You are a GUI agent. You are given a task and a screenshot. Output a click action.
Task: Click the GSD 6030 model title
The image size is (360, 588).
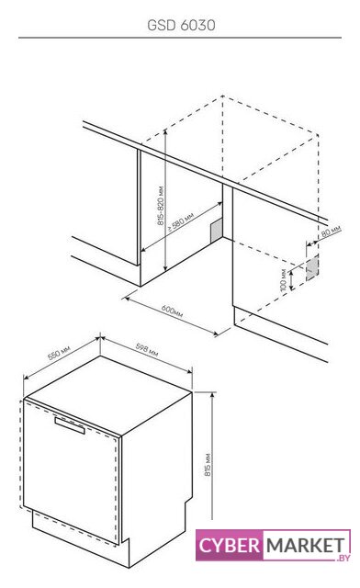point(181,25)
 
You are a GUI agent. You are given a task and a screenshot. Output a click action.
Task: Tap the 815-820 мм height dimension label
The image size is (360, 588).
point(161,206)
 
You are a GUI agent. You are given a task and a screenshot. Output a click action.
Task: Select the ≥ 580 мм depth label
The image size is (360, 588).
point(180,222)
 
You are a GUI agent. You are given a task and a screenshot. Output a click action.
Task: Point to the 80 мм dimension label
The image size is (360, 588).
point(332,232)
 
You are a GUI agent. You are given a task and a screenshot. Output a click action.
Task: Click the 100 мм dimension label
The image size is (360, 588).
point(284,279)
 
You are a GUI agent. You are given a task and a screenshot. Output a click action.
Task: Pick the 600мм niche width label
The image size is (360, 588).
point(172,311)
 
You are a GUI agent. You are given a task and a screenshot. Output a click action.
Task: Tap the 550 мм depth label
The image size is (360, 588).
point(59,353)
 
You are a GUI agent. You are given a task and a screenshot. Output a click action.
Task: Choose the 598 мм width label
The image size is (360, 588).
point(147,349)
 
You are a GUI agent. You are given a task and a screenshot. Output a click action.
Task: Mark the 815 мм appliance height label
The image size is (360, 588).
point(208,465)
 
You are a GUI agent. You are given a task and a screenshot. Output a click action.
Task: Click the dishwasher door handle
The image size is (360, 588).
point(70,425)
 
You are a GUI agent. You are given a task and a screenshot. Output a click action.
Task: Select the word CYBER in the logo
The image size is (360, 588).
point(230,545)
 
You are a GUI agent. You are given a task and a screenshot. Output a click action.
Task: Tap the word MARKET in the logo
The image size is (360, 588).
point(305,545)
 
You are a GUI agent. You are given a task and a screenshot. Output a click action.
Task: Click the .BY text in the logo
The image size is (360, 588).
point(343,558)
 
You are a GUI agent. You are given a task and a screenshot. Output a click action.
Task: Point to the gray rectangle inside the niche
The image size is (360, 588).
point(217,231)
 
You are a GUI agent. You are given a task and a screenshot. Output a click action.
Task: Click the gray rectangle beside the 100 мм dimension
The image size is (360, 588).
point(312,267)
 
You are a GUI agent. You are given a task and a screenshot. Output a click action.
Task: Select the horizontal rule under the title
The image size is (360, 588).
point(180,38)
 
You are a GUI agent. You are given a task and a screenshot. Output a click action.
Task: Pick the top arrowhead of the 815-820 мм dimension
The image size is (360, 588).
point(165,132)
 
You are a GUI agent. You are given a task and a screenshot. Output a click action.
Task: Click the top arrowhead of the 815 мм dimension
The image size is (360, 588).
point(213,395)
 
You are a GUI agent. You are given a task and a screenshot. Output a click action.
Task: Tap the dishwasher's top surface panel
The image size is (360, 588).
point(108,395)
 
